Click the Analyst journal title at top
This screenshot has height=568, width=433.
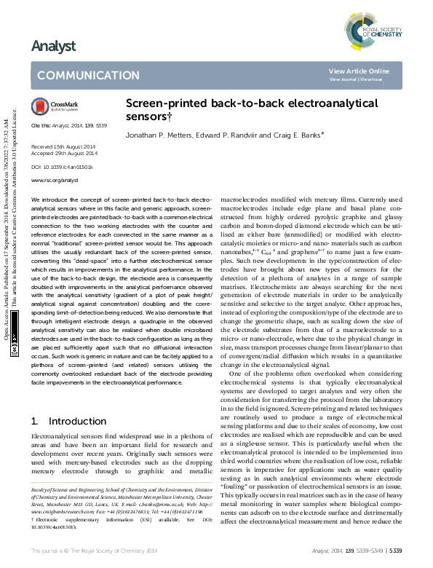pos(53,47)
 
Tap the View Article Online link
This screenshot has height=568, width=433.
pos(359,71)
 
